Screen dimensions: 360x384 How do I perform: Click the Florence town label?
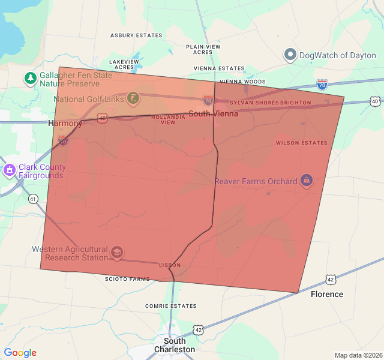(327, 294)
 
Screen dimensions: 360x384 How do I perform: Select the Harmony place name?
(65, 124)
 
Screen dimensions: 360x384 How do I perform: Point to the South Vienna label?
(213, 113)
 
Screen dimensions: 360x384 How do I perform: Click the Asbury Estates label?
(136, 35)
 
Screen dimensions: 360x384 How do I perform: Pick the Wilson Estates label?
(302, 143)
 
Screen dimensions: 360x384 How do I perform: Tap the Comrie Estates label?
(171, 306)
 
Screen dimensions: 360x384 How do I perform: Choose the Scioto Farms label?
(127, 279)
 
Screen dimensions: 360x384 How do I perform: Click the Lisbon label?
(169, 265)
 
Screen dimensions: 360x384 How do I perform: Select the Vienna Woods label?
(242, 82)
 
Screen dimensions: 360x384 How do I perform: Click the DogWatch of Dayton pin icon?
(290, 55)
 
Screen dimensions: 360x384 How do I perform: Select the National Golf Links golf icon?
(133, 98)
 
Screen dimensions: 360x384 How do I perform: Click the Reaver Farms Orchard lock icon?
(307, 181)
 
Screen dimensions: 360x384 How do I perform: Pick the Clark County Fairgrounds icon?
(9, 171)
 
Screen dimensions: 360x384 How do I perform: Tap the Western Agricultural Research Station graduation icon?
(116, 253)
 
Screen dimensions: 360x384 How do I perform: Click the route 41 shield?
(33, 199)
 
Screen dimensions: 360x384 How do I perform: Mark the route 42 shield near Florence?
(331, 280)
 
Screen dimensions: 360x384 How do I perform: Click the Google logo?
(20, 353)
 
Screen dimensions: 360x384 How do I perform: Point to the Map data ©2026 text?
(358, 355)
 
